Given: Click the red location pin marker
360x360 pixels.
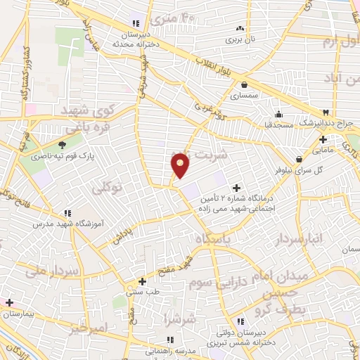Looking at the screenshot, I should tap(181, 164).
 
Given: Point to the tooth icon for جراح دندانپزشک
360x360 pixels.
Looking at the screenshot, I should tap(326, 112).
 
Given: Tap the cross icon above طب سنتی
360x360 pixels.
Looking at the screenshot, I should tap(142, 281).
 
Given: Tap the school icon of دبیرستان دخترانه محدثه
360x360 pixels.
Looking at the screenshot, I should tap(135, 23).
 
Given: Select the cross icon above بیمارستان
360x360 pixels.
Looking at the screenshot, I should tap(10, 303).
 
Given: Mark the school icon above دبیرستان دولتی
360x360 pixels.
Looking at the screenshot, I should tap(238, 321).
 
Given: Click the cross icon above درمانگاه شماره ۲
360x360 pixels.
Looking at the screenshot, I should tap(236, 188).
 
